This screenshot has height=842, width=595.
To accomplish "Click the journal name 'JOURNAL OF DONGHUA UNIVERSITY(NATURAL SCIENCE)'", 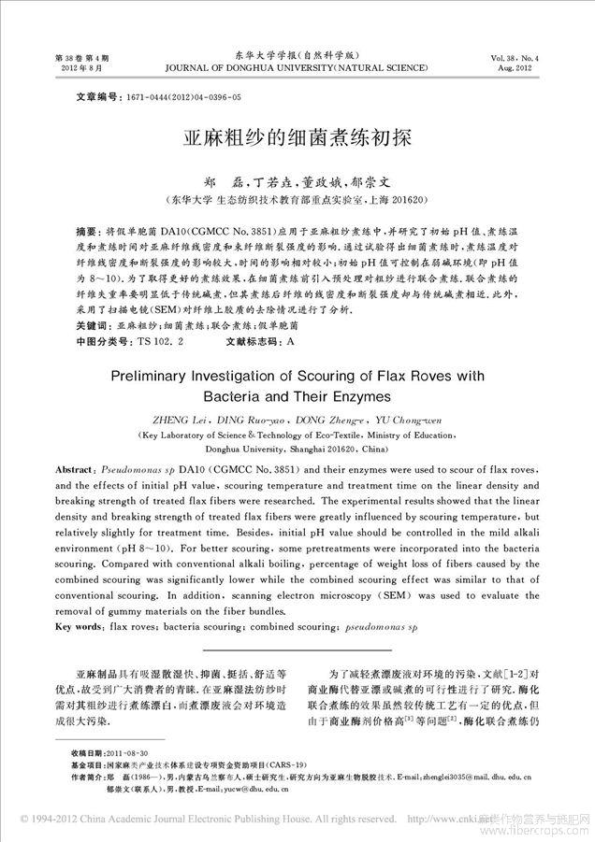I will tap(297, 68).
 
